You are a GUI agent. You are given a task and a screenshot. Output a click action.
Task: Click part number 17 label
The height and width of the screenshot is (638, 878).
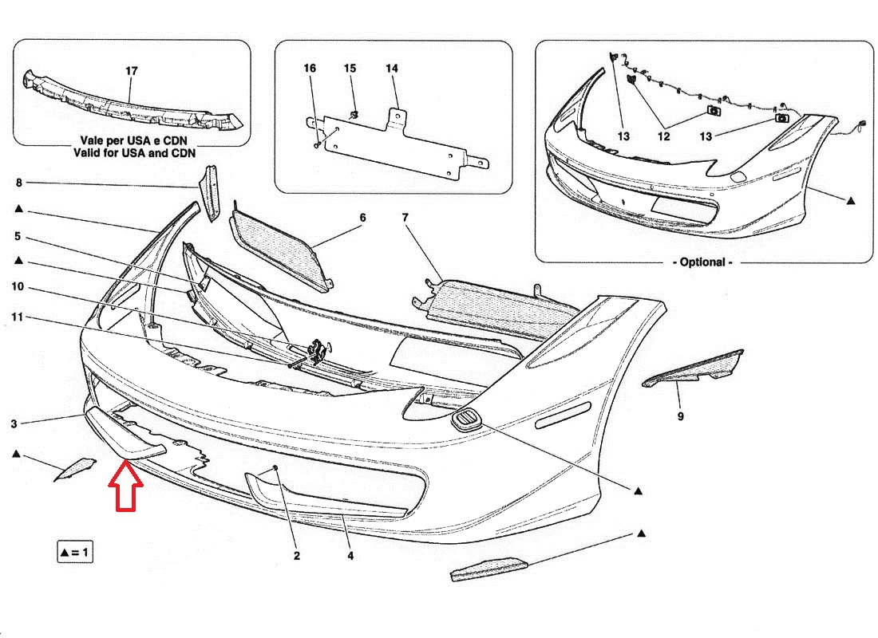coord(132,71)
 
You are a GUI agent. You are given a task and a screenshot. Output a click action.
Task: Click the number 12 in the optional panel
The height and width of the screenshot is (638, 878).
coord(664,136)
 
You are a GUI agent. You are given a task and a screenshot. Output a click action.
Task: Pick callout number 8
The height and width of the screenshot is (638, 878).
coord(18,183)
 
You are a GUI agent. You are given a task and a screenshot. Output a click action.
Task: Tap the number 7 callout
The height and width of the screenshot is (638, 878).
coord(405,217)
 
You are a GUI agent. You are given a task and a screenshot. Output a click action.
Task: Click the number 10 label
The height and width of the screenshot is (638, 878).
coord(18,286)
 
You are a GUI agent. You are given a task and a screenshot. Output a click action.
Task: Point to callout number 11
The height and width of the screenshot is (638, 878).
coord(18,318)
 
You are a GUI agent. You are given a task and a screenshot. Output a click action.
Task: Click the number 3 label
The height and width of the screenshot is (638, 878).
coord(14,424)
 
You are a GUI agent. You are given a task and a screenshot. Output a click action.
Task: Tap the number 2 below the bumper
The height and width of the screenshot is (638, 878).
coord(296,556)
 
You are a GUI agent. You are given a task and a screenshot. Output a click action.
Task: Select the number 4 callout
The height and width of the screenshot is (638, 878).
coord(350,556)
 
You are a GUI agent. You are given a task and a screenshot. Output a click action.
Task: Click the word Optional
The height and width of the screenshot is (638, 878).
coord(703,262)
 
